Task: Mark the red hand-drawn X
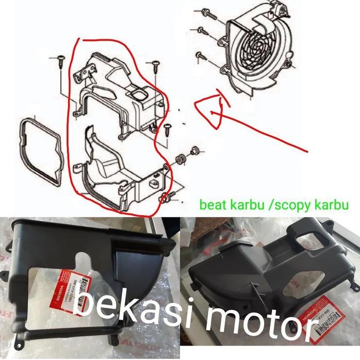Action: pyautogui.click(x=216, y=111)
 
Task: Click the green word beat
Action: pyautogui.click(x=210, y=205)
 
